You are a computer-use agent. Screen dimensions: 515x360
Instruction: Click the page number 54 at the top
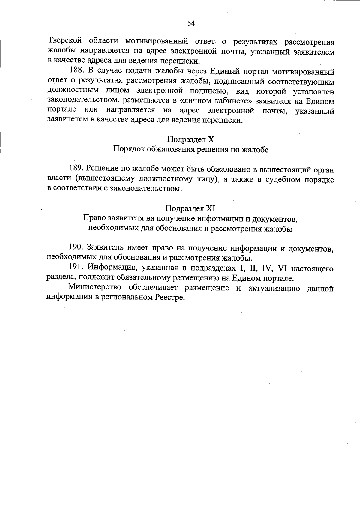coord(191,23)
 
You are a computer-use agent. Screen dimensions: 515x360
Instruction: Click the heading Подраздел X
coord(190,139)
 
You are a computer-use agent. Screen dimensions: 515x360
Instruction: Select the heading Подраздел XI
coord(190,208)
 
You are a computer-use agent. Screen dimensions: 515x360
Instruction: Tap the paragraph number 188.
coord(76,71)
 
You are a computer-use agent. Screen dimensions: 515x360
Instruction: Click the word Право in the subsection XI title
coord(92,218)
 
